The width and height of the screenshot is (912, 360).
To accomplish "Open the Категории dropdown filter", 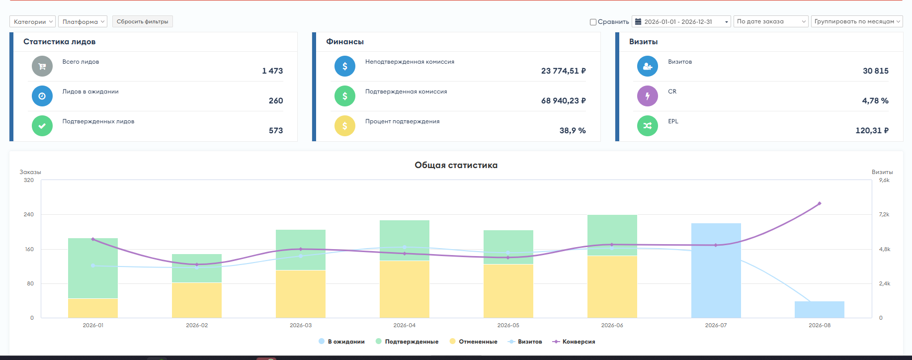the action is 32,21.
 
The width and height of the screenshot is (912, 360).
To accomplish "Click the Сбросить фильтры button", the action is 143,21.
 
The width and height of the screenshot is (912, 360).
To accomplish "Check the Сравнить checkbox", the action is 593,22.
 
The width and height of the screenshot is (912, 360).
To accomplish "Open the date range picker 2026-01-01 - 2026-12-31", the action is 681,21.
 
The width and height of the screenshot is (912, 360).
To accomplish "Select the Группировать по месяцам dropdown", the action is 857,21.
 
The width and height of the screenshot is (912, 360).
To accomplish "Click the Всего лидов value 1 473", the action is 272,71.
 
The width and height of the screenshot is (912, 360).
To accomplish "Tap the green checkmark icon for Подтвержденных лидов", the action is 42,126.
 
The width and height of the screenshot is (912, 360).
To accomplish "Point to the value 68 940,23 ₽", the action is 564,100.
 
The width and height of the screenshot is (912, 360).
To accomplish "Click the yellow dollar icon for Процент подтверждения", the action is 345,126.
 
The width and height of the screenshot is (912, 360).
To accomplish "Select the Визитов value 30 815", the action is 876,71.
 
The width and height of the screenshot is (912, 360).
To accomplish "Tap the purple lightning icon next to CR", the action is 648,96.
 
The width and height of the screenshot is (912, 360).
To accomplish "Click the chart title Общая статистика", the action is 456,165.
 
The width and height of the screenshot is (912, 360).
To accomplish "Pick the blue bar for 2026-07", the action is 716,270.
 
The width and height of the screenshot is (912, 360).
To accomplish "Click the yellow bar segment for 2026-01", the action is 93,308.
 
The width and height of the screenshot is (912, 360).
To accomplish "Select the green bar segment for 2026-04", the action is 405,240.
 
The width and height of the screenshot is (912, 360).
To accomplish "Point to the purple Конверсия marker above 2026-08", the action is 820,203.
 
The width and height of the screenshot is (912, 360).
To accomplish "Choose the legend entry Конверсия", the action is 574,342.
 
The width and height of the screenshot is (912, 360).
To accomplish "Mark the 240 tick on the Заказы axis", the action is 29,214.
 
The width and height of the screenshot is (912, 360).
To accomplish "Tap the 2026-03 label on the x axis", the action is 301,325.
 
